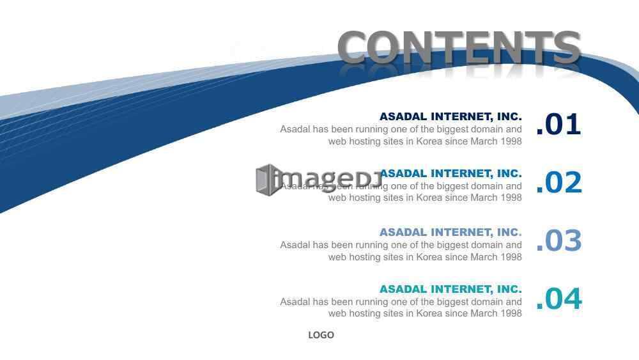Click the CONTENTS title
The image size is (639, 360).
pos(459,47)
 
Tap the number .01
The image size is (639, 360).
pos(558,124)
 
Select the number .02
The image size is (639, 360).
pos(558,182)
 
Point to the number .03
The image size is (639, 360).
pos(558,240)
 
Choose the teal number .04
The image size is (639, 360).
pos(558,299)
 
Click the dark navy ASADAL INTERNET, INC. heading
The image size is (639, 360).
pos(450,116)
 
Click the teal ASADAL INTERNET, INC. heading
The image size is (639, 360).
pos(450,289)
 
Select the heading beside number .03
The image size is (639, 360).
pos(450,232)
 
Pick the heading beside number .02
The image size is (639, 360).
pos(450,174)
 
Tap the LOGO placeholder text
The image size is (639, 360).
pos(321,335)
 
